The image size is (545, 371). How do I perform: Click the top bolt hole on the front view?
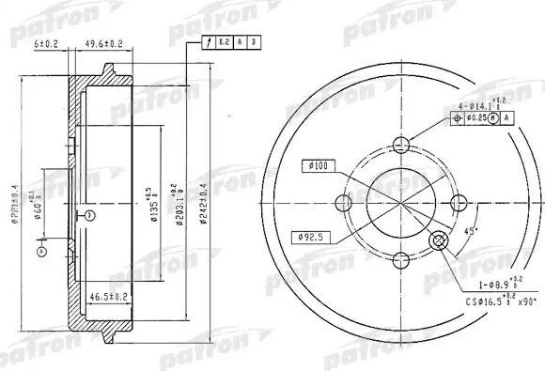tap(402, 146)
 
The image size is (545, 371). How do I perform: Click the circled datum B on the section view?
tap(86, 215)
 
